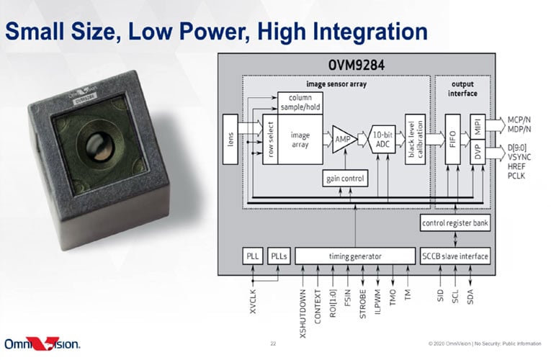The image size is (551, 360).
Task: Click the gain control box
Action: tap(342, 177)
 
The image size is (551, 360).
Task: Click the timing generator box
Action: tap(354, 256)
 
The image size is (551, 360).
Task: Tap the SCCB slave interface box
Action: tap(454, 256)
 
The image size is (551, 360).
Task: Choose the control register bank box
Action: tap(454, 224)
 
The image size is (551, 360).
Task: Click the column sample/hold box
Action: tap(300, 102)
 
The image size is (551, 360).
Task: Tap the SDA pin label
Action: tap(470, 297)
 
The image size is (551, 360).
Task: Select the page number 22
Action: tap(273, 343)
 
